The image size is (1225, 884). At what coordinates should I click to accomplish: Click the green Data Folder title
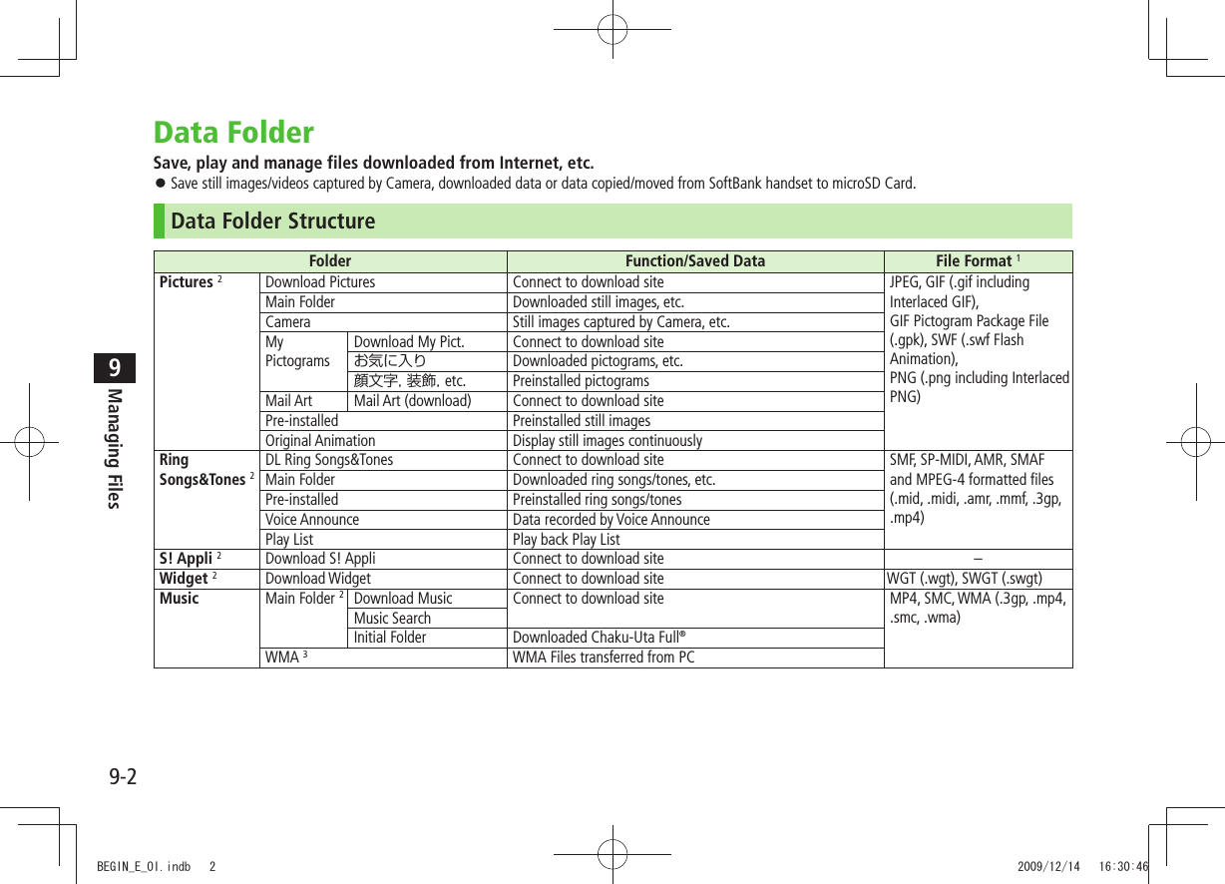(233, 133)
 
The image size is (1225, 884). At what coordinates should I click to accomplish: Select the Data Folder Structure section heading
(273, 221)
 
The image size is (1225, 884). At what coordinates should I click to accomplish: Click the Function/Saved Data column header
(694, 261)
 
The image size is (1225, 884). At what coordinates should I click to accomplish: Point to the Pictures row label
(187, 282)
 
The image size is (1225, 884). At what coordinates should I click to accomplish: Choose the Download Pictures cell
(320, 282)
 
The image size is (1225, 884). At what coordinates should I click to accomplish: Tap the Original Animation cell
(320, 440)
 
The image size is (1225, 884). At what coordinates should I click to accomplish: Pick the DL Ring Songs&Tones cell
(329, 460)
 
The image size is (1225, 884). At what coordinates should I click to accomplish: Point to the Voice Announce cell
(312, 519)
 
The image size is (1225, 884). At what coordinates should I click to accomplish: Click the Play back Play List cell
(566, 539)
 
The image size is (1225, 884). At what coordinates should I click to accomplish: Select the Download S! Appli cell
(320, 559)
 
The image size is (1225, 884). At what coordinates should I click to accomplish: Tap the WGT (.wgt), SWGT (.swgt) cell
(965, 579)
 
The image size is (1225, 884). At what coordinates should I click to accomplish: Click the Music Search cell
(393, 618)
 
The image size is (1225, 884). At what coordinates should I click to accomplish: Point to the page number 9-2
(123, 775)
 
